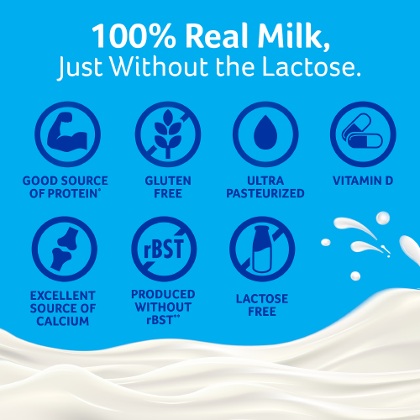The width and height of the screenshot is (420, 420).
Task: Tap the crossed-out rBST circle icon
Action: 163,249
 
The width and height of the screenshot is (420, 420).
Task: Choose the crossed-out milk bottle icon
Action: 263,249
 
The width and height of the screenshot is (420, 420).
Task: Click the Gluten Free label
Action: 168,186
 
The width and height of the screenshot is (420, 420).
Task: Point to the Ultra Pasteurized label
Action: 263,186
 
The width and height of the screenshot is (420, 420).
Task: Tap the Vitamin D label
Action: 363,181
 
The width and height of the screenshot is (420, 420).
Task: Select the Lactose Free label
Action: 263,305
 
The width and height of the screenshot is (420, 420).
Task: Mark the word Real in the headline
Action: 210,37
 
